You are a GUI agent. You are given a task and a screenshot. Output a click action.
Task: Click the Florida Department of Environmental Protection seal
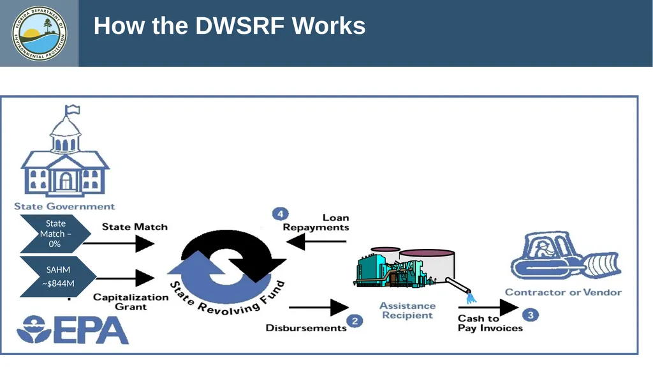click(x=39, y=33)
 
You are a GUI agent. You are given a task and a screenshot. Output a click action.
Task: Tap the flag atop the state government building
click(x=73, y=109)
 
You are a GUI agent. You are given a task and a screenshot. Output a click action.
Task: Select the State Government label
click(x=64, y=206)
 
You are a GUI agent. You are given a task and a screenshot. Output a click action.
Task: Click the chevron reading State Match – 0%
click(x=55, y=234)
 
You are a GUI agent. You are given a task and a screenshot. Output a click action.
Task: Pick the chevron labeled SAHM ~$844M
click(x=58, y=276)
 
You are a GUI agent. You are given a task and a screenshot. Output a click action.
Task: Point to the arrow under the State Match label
click(x=119, y=243)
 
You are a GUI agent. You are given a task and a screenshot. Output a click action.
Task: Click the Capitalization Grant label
click(x=131, y=302)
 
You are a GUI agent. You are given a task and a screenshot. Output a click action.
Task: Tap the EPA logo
click(x=73, y=329)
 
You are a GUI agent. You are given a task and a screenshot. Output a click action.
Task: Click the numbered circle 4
click(x=281, y=214)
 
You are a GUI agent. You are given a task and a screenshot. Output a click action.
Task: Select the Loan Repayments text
click(x=316, y=222)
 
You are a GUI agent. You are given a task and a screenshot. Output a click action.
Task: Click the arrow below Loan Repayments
click(x=316, y=241)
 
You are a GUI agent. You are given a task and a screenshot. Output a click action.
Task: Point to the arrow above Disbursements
click(x=319, y=308)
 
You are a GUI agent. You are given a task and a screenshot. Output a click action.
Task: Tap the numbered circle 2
click(x=355, y=320)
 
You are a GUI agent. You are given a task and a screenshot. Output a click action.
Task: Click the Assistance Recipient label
click(x=407, y=310)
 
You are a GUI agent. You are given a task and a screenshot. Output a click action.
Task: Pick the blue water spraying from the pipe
click(x=471, y=298)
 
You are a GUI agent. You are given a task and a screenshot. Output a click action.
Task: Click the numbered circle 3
click(x=531, y=315)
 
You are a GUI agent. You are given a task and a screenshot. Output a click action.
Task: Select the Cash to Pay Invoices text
click(x=490, y=323)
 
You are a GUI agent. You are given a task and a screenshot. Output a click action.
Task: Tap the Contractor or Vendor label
click(x=564, y=292)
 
